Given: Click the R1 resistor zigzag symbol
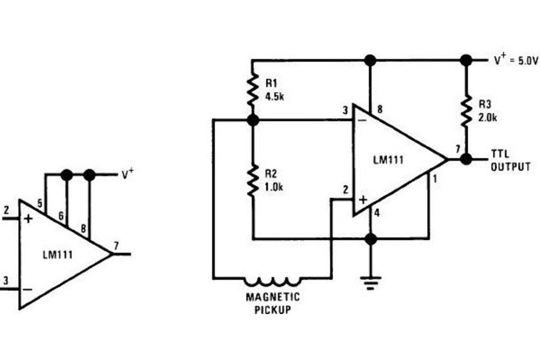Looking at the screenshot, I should [253, 90].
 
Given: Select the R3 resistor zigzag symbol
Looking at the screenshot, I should [466, 109].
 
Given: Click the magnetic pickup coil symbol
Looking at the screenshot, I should [272, 281].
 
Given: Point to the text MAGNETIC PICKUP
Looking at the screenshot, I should [272, 304].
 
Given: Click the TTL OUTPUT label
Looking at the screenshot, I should [510, 161].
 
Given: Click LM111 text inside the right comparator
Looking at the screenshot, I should [388, 159].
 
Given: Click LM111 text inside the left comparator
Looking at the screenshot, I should [57, 255].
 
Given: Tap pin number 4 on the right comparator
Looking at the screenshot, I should [377, 213].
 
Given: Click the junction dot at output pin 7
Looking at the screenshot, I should [466, 159].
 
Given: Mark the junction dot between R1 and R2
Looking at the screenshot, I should [253, 120].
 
